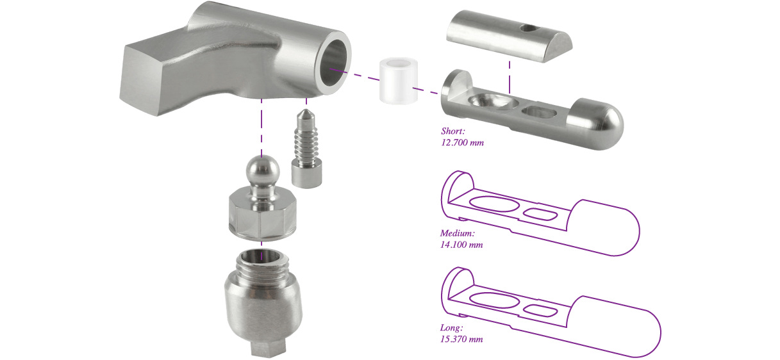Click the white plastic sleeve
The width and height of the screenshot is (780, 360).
tap(398, 81)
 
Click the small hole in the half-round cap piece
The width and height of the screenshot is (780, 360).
tap(526, 28)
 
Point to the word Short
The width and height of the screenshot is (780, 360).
tap(452, 131)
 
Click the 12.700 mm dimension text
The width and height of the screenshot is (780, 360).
tap(462, 143)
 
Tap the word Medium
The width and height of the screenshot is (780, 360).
tap(457, 233)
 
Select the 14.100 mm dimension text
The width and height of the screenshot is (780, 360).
tap(461, 245)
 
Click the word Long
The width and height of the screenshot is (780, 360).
tap(452, 328)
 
